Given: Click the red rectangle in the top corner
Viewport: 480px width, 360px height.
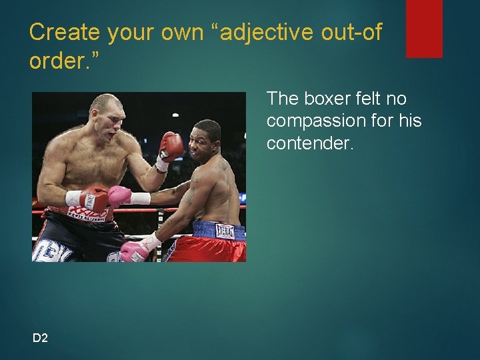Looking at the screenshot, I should pyautogui.click(x=424, y=28).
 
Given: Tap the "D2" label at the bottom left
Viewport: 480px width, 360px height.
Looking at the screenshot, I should pyautogui.click(x=40, y=338).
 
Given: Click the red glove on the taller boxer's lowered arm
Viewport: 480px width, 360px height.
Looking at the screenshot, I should pyautogui.click(x=94, y=198).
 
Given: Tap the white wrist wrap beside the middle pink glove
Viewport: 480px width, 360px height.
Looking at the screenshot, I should pyautogui.click(x=140, y=198).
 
